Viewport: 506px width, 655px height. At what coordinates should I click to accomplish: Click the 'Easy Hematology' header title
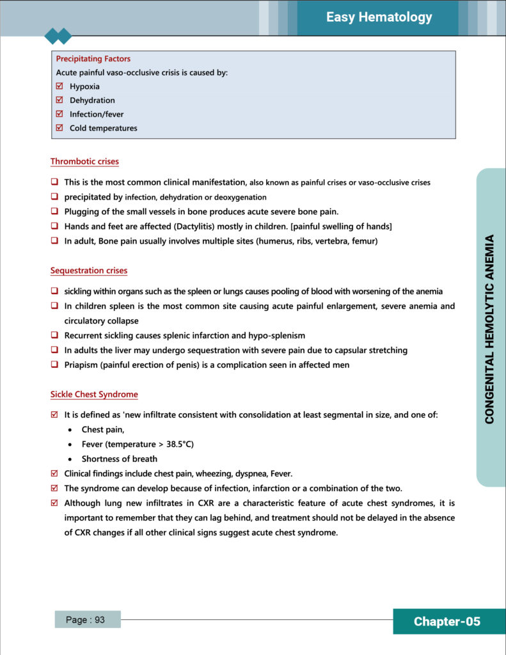[379, 17]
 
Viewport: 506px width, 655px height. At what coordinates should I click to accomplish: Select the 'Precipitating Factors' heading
[93, 59]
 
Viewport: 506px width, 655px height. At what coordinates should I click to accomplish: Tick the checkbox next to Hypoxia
[59, 86]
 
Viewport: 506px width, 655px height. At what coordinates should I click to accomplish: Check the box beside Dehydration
[59, 100]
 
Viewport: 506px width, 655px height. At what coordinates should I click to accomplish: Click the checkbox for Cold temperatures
[59, 128]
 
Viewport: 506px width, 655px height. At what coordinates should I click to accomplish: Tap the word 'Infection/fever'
[97, 114]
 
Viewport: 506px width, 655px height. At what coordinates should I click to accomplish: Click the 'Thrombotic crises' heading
[84, 162]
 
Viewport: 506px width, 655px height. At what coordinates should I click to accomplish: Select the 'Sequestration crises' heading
[89, 271]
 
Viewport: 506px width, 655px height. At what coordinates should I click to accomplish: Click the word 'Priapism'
[81, 365]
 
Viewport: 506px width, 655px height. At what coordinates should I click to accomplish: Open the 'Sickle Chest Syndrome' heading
[94, 395]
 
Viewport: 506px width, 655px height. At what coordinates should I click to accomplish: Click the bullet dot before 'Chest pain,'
[69, 430]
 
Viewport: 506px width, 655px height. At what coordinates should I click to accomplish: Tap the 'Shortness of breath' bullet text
[119, 459]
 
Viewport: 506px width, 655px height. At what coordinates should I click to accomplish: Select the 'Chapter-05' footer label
[447, 622]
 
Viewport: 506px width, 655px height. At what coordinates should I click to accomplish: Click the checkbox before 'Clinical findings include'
[54, 473]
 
